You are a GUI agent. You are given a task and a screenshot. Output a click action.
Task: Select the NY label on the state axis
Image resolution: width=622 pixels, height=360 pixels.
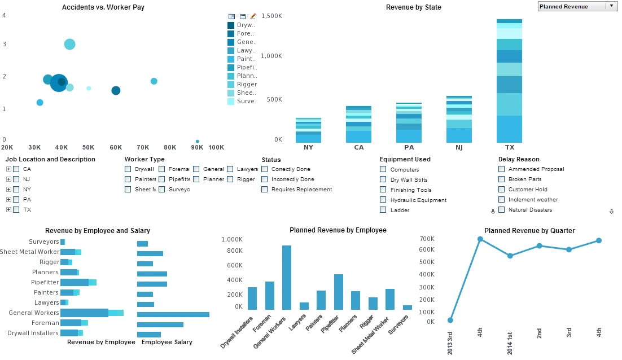[308, 147]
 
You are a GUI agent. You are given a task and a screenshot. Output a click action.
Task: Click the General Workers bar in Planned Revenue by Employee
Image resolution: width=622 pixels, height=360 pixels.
[287, 277]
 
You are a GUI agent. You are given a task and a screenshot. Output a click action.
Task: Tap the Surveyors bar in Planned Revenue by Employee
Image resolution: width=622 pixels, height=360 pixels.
[408, 307]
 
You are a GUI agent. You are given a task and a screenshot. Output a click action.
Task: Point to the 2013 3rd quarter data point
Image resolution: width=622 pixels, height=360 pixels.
[450, 320]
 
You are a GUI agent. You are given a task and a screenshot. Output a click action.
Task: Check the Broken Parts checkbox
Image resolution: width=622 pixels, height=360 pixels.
[502, 179]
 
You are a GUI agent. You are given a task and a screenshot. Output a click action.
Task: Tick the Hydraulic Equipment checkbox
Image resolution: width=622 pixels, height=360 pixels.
[383, 200]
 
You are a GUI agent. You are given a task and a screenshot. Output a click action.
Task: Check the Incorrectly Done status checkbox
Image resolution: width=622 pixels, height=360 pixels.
[265, 179]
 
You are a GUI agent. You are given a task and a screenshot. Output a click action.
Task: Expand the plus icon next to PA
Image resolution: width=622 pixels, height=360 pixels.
[8, 199]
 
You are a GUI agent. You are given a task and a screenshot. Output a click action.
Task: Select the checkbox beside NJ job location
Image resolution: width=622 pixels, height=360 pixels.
[16, 179]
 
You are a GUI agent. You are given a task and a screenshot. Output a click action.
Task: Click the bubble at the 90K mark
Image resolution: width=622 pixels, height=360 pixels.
[197, 141]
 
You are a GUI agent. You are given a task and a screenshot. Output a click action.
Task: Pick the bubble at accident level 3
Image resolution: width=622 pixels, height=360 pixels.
[69, 44]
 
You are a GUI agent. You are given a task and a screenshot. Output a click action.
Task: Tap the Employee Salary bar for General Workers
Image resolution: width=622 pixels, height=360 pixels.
[173, 314]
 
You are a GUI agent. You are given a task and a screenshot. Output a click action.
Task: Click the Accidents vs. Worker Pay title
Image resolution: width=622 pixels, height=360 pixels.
[97, 7]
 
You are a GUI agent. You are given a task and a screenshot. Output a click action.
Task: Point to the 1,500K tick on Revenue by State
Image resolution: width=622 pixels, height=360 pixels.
[270, 16]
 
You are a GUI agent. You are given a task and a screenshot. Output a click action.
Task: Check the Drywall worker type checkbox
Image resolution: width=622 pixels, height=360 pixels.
[128, 169]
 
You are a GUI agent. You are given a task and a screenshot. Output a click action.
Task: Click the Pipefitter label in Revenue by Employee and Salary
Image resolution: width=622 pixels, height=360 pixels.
[45, 282]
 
